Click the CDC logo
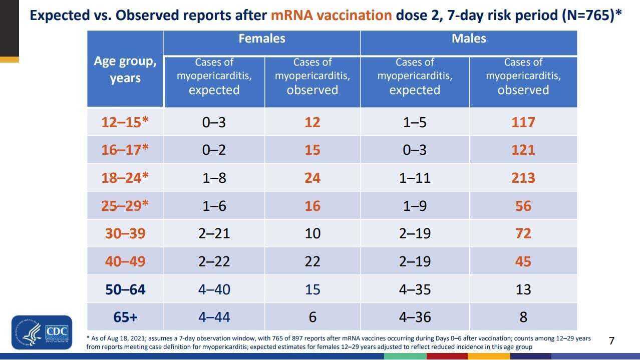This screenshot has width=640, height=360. [x=42, y=332]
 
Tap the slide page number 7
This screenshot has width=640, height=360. [x=611, y=341]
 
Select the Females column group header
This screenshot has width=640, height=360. [x=261, y=39]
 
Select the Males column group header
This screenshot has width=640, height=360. [x=468, y=39]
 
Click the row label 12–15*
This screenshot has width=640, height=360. [x=125, y=122]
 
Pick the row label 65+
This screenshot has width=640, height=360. [x=125, y=317]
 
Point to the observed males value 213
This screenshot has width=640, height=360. [x=523, y=178]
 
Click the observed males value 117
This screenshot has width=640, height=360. [x=523, y=122]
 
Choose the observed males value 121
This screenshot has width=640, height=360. [x=523, y=150]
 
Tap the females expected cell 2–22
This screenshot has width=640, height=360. [x=214, y=261]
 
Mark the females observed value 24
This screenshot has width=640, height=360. [x=312, y=178]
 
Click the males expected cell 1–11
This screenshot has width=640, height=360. [x=415, y=178]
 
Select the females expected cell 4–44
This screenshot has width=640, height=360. [x=214, y=317]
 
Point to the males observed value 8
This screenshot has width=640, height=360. [x=523, y=317]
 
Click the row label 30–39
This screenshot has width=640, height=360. [x=125, y=233]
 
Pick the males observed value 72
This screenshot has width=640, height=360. [x=523, y=233]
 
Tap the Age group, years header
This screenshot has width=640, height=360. [x=125, y=70]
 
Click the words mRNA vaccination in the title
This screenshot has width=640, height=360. [x=331, y=15]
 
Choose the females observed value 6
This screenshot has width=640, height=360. [x=312, y=317]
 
